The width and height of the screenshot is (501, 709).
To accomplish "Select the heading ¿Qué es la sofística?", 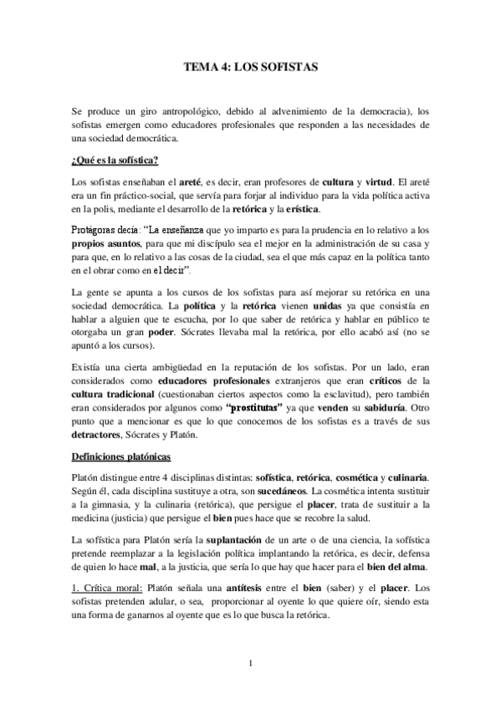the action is pyautogui.click(x=115, y=160).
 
